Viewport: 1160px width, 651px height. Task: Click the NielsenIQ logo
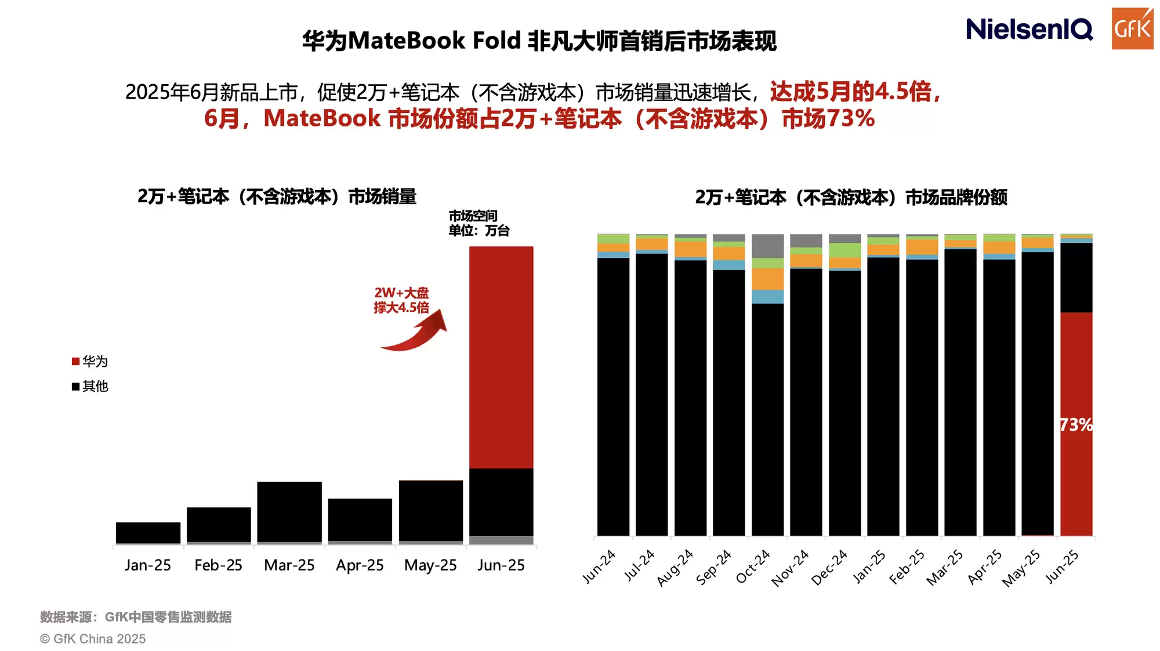[1029, 29]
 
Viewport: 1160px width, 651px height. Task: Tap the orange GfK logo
[1132, 28]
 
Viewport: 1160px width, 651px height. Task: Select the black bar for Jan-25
[148, 533]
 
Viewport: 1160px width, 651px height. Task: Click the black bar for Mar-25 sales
[289, 511]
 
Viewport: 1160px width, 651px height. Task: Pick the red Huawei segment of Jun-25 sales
[501, 357]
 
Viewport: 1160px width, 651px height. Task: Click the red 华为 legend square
[75, 362]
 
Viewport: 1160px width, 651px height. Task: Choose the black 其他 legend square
[75, 387]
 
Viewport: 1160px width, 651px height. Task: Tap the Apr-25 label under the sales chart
[360, 565]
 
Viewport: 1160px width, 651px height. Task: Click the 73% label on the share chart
[1076, 425]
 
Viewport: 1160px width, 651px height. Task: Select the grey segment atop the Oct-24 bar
[767, 246]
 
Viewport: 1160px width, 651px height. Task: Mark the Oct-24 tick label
[753, 566]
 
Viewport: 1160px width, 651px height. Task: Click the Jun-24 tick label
[599, 566]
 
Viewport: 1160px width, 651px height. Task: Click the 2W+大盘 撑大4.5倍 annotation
[401, 300]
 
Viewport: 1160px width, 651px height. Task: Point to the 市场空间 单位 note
[478, 223]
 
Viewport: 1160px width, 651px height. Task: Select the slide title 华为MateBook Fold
[539, 41]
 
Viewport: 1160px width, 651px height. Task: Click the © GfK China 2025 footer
[93, 639]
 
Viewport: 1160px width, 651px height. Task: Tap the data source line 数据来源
[136, 617]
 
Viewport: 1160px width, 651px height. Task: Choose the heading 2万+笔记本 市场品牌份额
[851, 198]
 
